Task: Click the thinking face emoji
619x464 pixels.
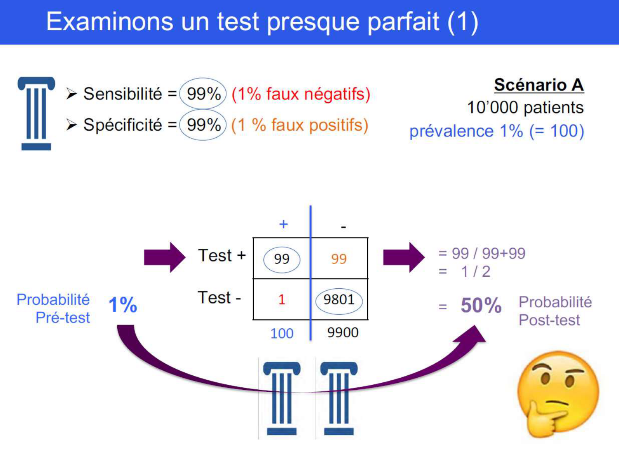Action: [x=558, y=394]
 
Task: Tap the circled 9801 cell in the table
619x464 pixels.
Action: [x=339, y=300]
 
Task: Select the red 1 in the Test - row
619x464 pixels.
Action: [x=282, y=299]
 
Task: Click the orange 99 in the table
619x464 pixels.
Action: [x=339, y=259]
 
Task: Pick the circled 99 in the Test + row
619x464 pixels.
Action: [x=282, y=259]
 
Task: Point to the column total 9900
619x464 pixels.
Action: [x=343, y=332]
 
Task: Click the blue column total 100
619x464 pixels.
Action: [x=282, y=333]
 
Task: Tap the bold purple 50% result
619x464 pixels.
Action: [x=481, y=306]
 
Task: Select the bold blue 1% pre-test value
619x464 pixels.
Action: [x=123, y=305]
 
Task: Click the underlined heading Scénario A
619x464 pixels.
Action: [x=539, y=85]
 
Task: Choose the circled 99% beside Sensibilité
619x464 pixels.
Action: [x=203, y=94]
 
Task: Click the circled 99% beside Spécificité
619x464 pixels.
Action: [x=203, y=125]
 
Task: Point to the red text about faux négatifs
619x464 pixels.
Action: [x=301, y=94]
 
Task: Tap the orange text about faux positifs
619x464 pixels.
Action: [x=300, y=125]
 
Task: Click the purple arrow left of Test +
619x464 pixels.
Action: [x=164, y=257]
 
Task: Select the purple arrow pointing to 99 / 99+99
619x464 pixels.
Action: [x=403, y=257]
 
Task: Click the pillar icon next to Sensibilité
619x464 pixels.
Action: [x=36, y=113]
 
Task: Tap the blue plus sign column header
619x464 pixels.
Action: [x=283, y=224]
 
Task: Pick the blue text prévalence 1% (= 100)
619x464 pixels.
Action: [x=496, y=131]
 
